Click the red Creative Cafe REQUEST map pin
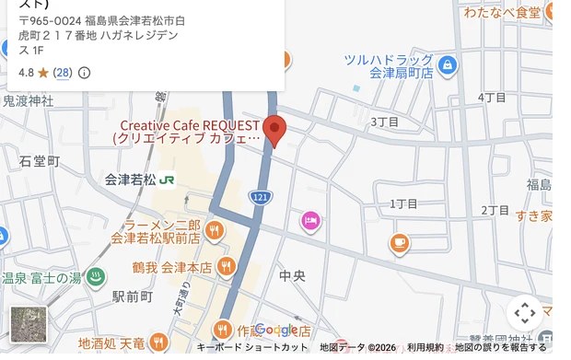tap(274, 129)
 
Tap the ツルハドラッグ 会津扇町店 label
tap(388, 65)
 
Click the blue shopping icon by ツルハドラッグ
tap(447, 65)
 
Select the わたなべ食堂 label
tap(502, 13)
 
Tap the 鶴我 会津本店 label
tap(172, 268)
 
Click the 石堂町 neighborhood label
tap(40, 161)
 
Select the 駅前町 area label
tap(134, 296)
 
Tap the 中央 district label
tap(292, 275)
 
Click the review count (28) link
tap(62, 72)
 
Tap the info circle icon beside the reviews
tap(85, 73)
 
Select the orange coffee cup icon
tap(399, 242)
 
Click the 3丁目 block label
tap(384, 122)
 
